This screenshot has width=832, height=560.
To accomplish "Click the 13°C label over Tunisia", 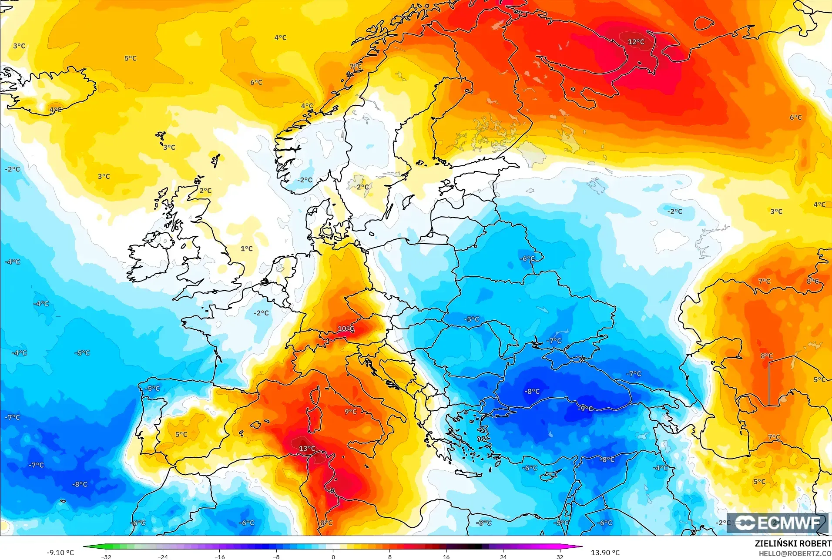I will click(307, 449).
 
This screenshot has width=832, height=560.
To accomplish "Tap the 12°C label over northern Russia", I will click(636, 42).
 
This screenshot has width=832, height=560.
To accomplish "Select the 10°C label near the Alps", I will click(346, 329).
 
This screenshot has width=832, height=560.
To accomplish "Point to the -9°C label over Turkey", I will click(585, 409).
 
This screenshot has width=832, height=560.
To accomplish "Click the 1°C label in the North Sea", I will click(246, 248).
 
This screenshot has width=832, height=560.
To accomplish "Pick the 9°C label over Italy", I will click(350, 411).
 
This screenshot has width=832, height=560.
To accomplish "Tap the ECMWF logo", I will click(778, 523).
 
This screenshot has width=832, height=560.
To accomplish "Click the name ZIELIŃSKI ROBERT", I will click(793, 543).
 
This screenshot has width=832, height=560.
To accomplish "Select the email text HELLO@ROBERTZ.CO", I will click(795, 553).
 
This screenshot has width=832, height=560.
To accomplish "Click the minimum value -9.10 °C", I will click(60, 553).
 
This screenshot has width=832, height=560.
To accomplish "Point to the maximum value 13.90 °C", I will click(605, 553).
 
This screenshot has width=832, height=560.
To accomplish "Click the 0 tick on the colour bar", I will click(333, 557).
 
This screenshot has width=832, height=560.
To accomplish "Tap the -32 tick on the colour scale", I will click(106, 557).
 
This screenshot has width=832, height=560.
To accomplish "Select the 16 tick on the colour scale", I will click(446, 557).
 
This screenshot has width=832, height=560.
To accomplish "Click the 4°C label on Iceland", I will click(55, 110).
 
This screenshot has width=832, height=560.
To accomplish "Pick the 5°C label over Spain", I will click(181, 434).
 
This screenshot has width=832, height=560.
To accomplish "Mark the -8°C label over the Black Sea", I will click(532, 391).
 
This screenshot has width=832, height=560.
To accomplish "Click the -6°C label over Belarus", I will click(527, 258).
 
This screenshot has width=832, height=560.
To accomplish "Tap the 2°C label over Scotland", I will click(205, 190).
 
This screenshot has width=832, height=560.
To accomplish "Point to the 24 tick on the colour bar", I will click(503, 557).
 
